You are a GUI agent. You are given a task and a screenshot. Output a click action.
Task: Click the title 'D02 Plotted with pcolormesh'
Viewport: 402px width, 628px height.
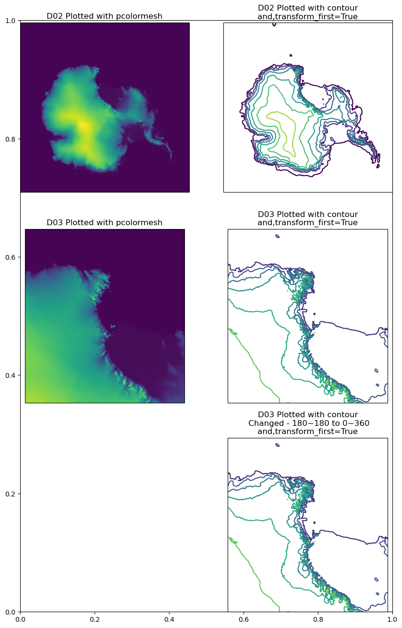click(x=104, y=16)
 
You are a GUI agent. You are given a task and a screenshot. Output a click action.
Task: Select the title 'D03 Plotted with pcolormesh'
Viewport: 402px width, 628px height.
click(x=104, y=222)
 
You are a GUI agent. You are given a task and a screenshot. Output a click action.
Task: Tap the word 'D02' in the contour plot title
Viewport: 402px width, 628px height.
click(x=267, y=8)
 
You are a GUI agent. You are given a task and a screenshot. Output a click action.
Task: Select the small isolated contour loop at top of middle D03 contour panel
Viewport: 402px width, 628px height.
click(x=277, y=236)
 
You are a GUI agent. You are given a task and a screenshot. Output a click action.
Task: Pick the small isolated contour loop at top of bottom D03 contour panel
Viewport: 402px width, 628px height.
click(x=277, y=445)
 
